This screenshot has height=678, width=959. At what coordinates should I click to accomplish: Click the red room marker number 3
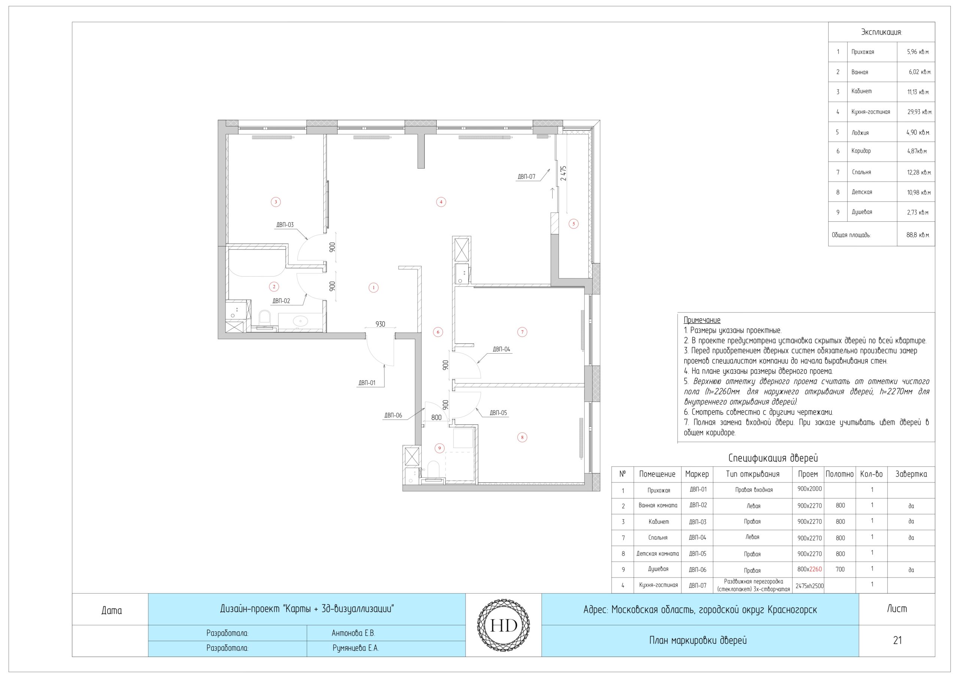pyautogui.click(x=275, y=202)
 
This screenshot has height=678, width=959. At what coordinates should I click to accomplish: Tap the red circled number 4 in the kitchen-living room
pyautogui.click(x=441, y=202)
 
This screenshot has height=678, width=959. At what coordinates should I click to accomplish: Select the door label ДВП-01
pyautogui.click(x=367, y=383)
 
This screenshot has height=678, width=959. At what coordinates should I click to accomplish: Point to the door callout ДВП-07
pyautogui.click(x=526, y=177)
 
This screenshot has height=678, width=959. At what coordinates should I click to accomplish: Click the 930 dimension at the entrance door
pyautogui.click(x=380, y=324)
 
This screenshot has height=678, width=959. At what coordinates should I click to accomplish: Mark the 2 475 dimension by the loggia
pyautogui.click(x=563, y=173)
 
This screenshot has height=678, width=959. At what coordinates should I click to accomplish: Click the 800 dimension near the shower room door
pyautogui.click(x=436, y=417)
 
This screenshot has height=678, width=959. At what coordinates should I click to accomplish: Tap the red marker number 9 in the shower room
pyautogui.click(x=439, y=448)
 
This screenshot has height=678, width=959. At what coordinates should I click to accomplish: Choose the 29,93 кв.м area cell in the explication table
pyautogui.click(x=919, y=112)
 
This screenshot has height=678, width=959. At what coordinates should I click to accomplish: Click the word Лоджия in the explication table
pyautogui.click(x=860, y=133)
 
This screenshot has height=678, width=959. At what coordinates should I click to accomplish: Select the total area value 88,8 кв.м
pyautogui.click(x=918, y=235)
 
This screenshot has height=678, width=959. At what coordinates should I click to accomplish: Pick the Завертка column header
pyautogui.click(x=911, y=474)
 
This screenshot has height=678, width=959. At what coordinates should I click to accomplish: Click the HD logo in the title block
pyautogui.click(x=503, y=625)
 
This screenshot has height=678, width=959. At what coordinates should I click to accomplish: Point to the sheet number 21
pyautogui.click(x=897, y=641)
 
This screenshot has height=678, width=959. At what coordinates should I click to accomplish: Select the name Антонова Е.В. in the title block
pyautogui.click(x=353, y=633)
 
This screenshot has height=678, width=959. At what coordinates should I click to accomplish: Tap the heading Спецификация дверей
pyautogui.click(x=773, y=458)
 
